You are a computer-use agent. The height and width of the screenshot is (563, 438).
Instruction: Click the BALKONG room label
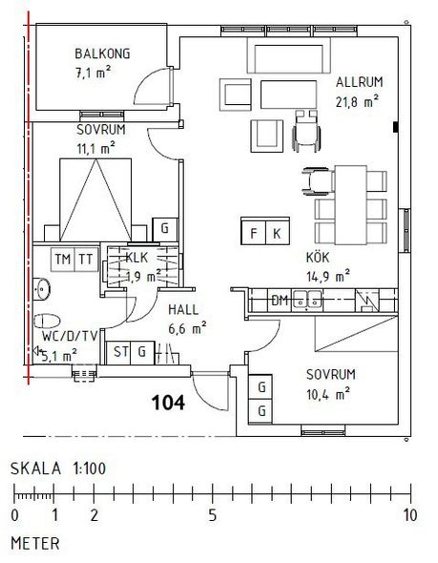coord(102,53)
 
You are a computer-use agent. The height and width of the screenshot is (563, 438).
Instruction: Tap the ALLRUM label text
coord(360,82)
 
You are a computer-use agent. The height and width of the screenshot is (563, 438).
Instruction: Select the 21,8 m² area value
coord(357,101)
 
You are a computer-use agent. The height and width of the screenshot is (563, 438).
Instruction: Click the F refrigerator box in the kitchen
coord(253,233)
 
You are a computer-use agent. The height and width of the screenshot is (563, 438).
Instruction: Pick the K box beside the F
coord(277,233)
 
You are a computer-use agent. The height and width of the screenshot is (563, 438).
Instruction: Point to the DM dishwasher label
coord(280,301)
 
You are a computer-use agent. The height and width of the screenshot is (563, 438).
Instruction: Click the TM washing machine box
coord(63,259)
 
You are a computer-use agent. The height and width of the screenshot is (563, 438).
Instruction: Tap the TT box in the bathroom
coord(86,259)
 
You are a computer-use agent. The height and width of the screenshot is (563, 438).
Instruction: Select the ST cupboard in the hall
coord(119,352)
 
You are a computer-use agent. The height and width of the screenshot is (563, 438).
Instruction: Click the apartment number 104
coord(168,403)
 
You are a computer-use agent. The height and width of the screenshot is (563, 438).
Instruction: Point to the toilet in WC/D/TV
coord(47,321)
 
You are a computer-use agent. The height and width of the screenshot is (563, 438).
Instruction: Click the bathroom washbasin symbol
coord(42,289)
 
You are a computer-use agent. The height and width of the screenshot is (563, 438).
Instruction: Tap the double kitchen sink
coord(307,300)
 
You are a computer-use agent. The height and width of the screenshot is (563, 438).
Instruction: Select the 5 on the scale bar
coord(213,515)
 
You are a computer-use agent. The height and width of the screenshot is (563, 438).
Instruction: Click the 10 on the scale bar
coord(410,515)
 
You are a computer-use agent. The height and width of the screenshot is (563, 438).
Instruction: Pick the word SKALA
coord(36,469)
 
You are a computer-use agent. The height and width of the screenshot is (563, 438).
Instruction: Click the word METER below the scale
coord(35,544)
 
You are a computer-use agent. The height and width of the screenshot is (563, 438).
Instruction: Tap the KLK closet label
coord(136,258)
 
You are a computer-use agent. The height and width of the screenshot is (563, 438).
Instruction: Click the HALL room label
coord(183,310)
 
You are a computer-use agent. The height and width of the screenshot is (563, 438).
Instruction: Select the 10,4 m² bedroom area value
coord(328,395)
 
